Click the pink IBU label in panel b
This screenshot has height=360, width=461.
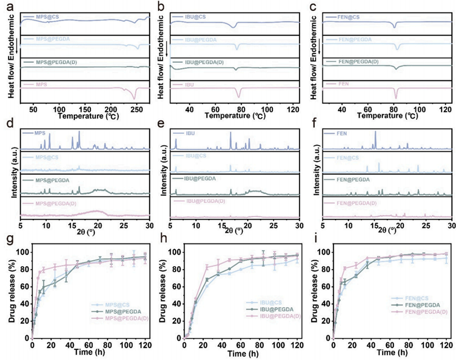click(189, 84)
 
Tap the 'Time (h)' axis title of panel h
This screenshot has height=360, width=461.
click(240, 355)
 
